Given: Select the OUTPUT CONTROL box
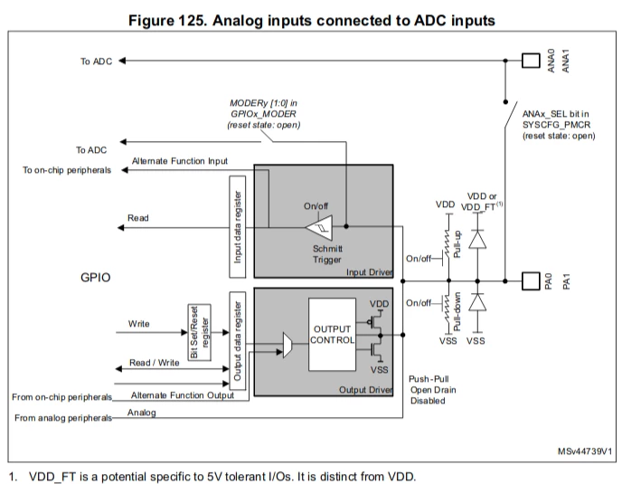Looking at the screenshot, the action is (x=332, y=335).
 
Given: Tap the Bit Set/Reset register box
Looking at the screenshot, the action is (x=199, y=332).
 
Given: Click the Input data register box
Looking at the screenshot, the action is (x=238, y=227).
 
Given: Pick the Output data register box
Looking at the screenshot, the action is (x=238, y=341).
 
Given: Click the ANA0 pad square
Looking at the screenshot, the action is (x=531, y=61).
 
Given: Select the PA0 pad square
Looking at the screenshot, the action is (x=531, y=281).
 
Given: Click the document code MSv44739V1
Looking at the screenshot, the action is (x=585, y=451).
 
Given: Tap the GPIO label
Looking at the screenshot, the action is (x=96, y=277).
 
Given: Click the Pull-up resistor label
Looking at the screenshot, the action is (x=457, y=243).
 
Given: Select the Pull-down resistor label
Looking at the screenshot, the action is (x=457, y=312).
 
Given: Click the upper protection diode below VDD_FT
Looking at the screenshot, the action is (x=477, y=240).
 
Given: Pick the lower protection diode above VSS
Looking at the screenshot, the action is (x=477, y=302).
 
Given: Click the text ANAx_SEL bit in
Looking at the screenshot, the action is (x=556, y=114).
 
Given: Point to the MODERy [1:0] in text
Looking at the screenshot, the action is (x=263, y=103).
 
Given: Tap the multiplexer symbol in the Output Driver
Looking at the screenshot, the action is (x=287, y=345).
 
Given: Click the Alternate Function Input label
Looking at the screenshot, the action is (x=180, y=161).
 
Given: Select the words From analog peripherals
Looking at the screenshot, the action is (x=63, y=418).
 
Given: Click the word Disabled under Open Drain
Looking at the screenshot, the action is (x=428, y=401).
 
